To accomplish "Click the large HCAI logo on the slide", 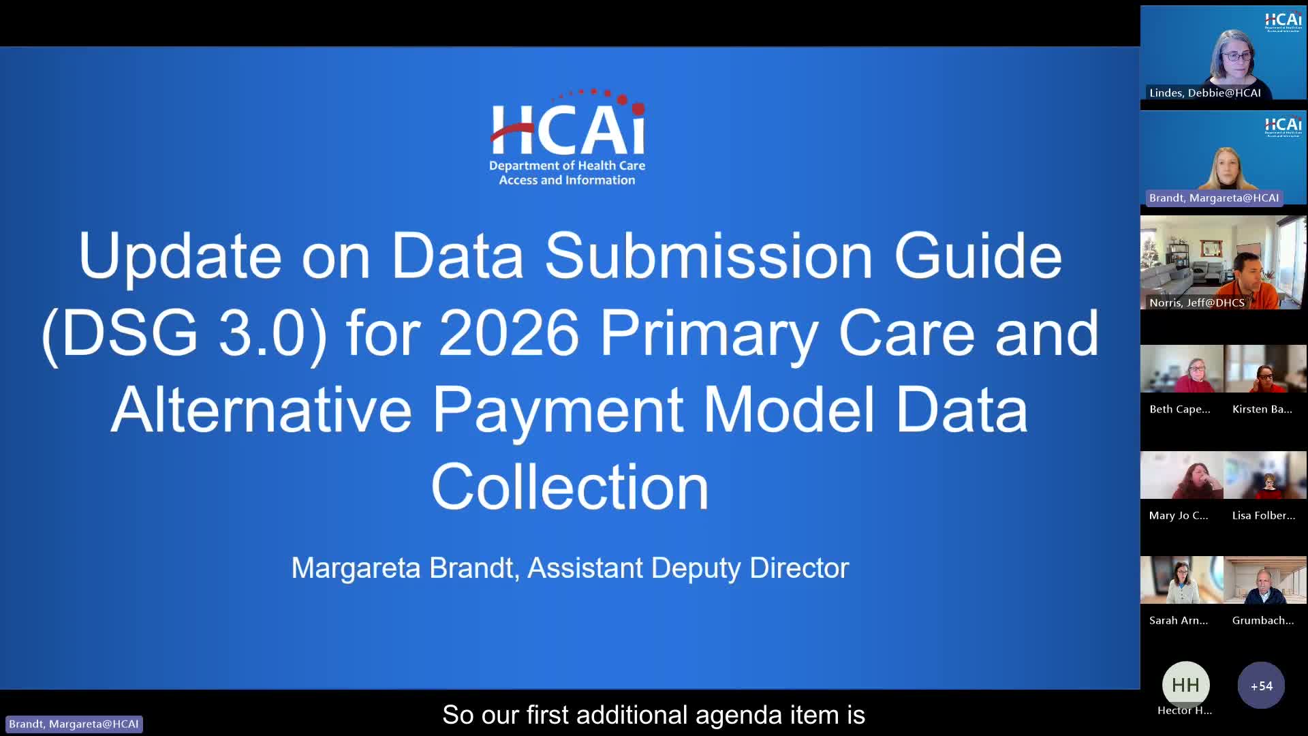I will tap(567, 136).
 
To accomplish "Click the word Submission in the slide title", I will tap(708, 256).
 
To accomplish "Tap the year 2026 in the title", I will tap(508, 334).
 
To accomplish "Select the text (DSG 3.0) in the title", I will tap(184, 334).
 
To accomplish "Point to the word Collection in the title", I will tap(570, 487).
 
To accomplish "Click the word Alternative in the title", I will tap(261, 410).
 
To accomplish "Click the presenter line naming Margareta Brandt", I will tap(570, 568).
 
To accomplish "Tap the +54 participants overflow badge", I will tap(1261, 686).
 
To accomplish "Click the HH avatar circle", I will tap(1185, 685).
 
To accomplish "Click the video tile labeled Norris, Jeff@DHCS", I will tap(1223, 262).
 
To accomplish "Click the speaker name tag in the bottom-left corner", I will tap(74, 724).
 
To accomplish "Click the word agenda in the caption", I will tap(739, 716).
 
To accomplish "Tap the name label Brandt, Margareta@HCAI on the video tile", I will tap(1213, 198).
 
